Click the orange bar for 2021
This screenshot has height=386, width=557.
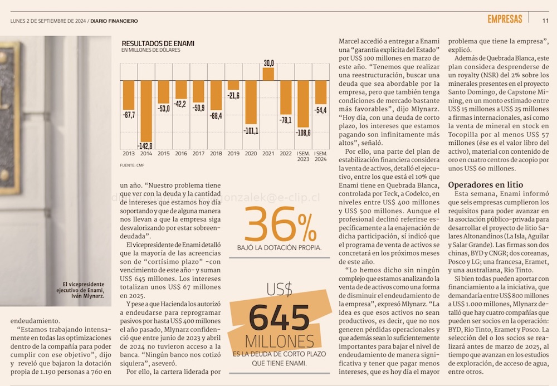tap(268, 74)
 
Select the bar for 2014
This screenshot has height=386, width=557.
tap(146, 111)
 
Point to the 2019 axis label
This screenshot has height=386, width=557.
tap(233, 153)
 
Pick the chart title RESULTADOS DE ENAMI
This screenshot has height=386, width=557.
tap(158, 43)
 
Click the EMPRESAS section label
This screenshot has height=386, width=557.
tap(505, 19)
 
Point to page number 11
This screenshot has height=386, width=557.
tap(545, 21)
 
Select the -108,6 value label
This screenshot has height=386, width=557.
tap(303, 133)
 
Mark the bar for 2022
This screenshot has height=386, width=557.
tap(286, 98)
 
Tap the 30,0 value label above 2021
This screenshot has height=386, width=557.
tap(268, 62)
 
